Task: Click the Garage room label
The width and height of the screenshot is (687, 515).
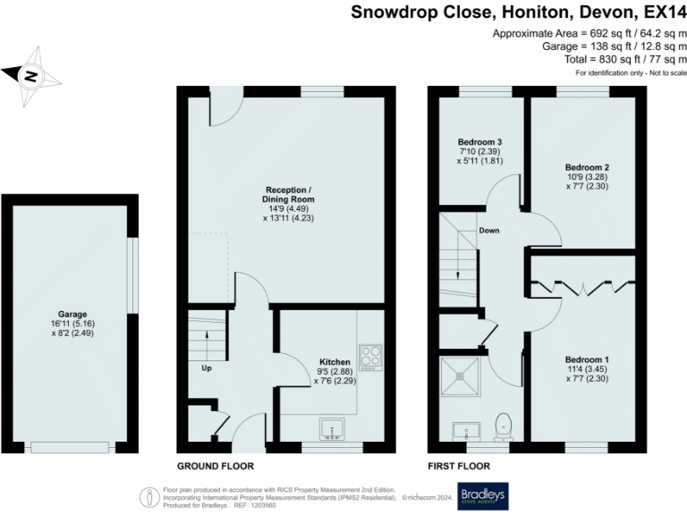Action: point(73,315)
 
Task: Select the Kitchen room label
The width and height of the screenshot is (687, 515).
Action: point(335,362)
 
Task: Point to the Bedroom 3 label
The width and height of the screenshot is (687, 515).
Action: point(479,142)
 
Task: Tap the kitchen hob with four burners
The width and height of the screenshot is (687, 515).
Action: point(369,357)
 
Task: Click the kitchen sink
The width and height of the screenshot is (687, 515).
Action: point(334,431)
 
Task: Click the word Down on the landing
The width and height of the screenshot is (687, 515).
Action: point(489,231)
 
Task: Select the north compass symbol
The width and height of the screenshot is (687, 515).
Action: point(30,77)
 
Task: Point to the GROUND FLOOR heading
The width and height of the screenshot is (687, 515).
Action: point(215,467)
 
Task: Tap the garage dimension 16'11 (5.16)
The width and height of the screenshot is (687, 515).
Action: point(73,325)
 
